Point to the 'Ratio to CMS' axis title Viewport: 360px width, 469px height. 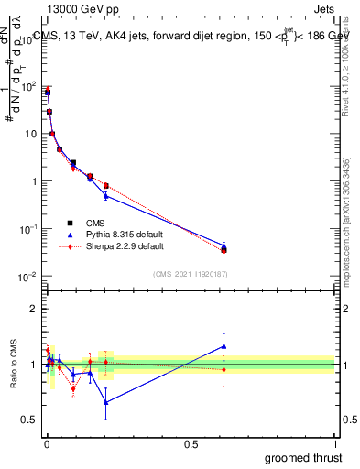tap(14, 364)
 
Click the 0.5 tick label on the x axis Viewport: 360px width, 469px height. tap(191, 444)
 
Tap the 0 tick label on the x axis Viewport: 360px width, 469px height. tap(46, 444)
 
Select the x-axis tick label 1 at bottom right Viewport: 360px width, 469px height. tap(335, 444)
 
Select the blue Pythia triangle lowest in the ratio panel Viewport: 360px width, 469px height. tap(106, 402)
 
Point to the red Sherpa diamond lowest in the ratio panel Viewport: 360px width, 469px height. tap(73, 388)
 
